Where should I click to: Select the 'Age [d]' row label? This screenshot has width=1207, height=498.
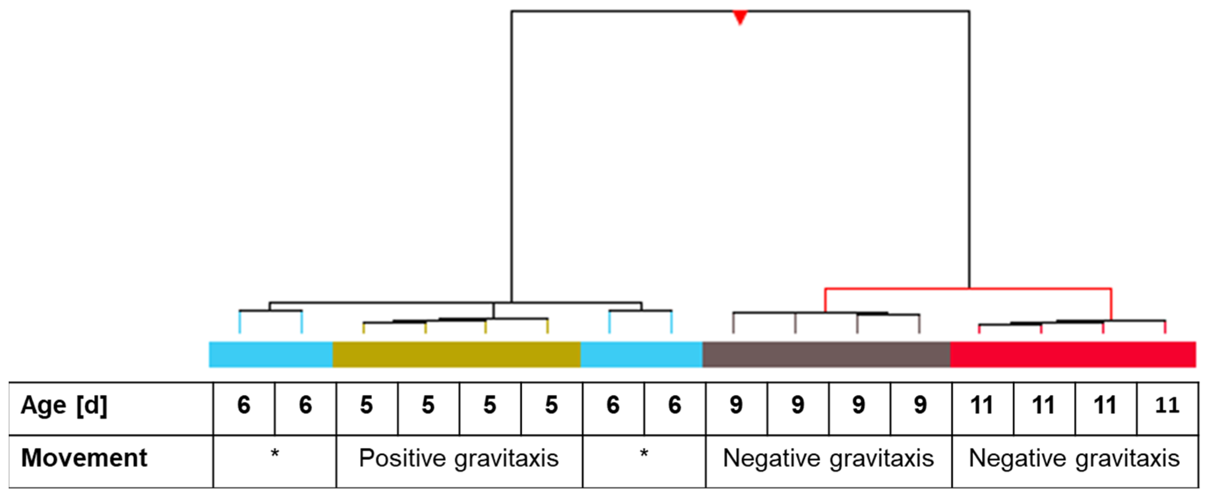pyautogui.click(x=64, y=405)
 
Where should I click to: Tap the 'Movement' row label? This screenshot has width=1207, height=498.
pyautogui.click(x=84, y=458)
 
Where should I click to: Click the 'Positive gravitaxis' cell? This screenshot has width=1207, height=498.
pyautogui.click(x=459, y=458)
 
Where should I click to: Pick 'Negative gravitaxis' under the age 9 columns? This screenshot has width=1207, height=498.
pyautogui.click(x=828, y=458)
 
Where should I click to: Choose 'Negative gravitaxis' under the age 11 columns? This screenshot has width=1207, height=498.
pyautogui.click(x=1074, y=458)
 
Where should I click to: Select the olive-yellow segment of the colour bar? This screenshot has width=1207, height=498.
pyautogui.click(x=457, y=354)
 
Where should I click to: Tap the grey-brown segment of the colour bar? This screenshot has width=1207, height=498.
pyautogui.click(x=826, y=354)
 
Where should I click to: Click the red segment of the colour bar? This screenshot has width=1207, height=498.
pyautogui.click(x=1073, y=354)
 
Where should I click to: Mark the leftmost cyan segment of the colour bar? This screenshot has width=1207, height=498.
pyautogui.click(x=271, y=354)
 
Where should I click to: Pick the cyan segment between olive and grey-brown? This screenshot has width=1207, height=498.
pyautogui.click(x=641, y=354)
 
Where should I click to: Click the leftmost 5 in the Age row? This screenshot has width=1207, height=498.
pyautogui.click(x=367, y=405)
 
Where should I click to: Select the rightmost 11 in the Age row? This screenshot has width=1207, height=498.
pyautogui.click(x=1167, y=405)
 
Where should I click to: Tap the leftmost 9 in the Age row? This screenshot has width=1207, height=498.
pyautogui.click(x=736, y=405)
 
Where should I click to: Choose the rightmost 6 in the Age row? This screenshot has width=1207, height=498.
pyautogui.click(x=674, y=405)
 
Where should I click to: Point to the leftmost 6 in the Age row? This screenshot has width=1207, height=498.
pyautogui.click(x=244, y=405)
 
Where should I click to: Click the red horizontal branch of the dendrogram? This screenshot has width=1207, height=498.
pyautogui.click(x=968, y=289)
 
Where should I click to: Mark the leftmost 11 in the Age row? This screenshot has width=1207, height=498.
pyautogui.click(x=982, y=405)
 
